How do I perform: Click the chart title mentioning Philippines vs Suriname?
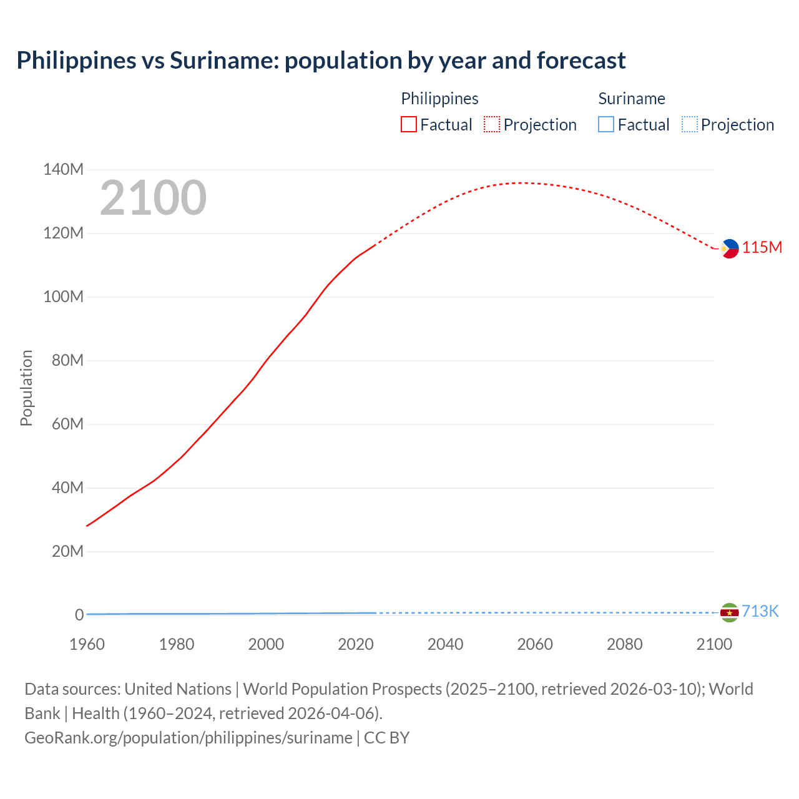(321, 61)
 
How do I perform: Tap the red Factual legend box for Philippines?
(409, 124)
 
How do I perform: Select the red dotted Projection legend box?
(492, 124)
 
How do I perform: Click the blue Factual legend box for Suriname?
(606, 124)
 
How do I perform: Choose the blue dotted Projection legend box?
(690, 124)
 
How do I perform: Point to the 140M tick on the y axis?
(63, 169)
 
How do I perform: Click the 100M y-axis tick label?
(63, 297)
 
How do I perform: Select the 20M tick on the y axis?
(67, 551)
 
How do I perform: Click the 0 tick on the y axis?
(79, 615)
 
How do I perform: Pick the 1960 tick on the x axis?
(87, 644)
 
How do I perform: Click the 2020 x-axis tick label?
(356, 644)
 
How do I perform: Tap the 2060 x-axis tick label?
(535, 644)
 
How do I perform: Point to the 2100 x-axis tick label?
(714, 644)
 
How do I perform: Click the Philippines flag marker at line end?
(729, 248)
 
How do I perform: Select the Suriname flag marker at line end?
(729, 612)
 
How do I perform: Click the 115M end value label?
(762, 248)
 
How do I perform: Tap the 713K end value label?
(760, 611)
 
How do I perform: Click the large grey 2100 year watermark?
(153, 197)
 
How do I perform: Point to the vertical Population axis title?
(26, 388)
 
